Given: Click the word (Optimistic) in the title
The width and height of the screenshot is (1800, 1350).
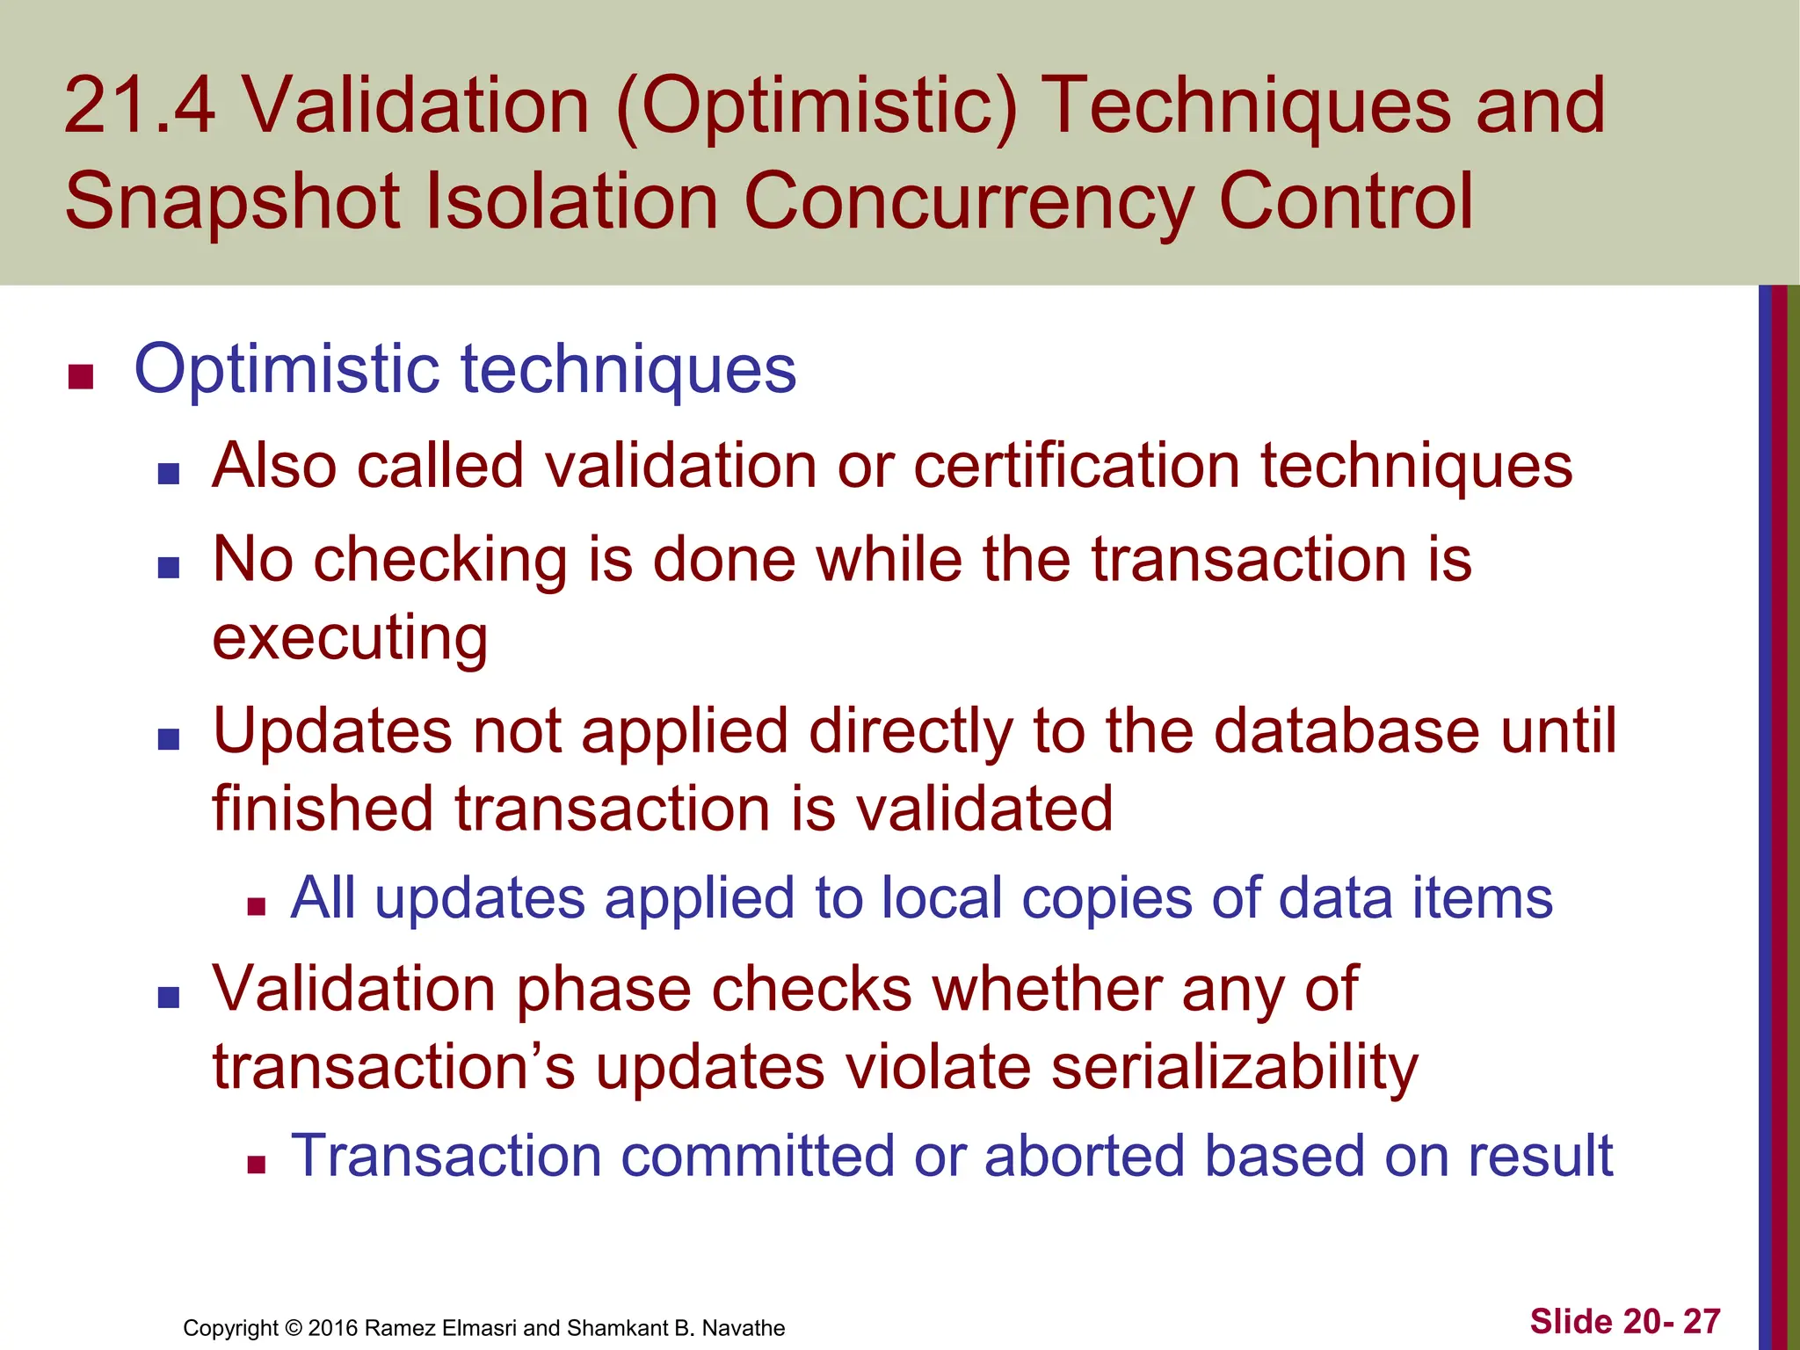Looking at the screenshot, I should [817, 107].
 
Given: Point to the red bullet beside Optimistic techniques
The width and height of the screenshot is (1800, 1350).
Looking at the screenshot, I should [81, 377].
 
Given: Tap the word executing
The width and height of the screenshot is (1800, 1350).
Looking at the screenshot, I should [350, 639].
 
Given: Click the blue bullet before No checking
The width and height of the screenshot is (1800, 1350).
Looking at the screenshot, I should [169, 568].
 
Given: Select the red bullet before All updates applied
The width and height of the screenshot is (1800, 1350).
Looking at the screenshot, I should [257, 907].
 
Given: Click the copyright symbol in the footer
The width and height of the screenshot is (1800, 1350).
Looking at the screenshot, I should [294, 1328].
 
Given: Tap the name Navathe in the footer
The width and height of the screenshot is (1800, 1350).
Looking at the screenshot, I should [744, 1328].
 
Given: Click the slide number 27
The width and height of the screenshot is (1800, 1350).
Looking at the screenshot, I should [1702, 1322].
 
